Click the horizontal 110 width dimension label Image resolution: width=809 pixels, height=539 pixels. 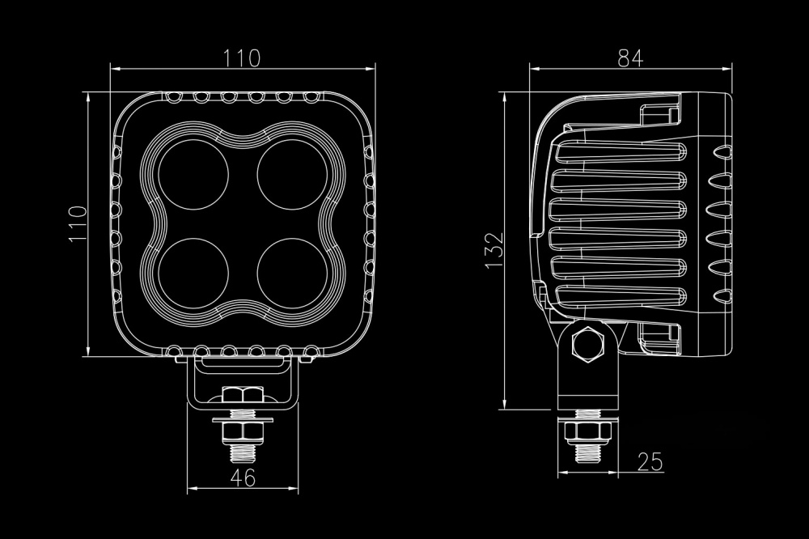tap(241, 57)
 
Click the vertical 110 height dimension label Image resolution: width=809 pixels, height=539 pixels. tap(78, 223)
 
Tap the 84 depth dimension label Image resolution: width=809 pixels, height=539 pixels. tap(630, 58)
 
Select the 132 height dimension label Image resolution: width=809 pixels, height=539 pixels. tap(493, 250)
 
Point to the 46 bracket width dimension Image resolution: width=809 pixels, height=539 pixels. tap(243, 478)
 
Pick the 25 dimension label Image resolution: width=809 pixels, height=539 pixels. tap(650, 461)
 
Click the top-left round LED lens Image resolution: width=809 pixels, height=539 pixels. tap(193, 175)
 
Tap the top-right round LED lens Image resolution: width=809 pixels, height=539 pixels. tap(293, 175)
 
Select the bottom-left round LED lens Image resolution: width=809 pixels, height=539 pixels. tap(193, 273)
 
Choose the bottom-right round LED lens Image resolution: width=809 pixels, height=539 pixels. tap(293, 273)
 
